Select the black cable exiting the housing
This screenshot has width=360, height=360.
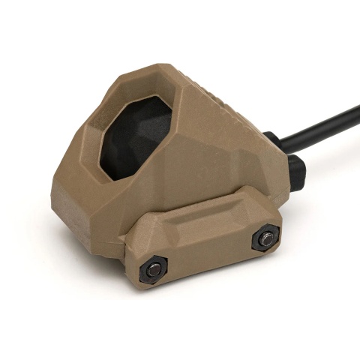click(x=322, y=132)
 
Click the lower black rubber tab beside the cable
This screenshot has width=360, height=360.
click(x=297, y=172)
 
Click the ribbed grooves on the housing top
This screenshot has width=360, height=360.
click(x=225, y=105)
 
